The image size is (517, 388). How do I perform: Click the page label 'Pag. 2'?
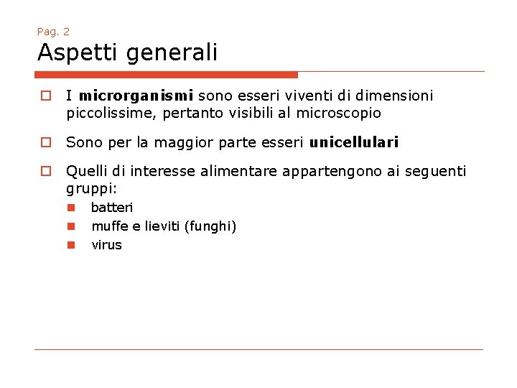[x=53, y=32]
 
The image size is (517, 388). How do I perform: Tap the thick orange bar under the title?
[x=167, y=74]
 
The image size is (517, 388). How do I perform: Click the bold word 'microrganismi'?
[x=136, y=96]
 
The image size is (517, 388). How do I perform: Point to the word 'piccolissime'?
[x=108, y=114]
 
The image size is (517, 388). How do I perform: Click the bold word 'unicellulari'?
[x=354, y=142]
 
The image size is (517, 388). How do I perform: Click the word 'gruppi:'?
[x=91, y=189]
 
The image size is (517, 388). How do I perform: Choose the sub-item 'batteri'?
[x=112, y=208]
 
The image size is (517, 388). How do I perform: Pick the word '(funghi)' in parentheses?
[x=210, y=226]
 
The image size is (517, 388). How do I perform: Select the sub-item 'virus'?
[x=106, y=245]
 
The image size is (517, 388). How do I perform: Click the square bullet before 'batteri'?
[x=72, y=208]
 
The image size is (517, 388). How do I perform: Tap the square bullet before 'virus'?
[x=72, y=245]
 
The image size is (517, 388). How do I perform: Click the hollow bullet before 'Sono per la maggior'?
[x=44, y=142]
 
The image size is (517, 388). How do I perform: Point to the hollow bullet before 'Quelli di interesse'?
[x=44, y=171]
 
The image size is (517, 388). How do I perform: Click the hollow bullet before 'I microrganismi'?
[x=44, y=96]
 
